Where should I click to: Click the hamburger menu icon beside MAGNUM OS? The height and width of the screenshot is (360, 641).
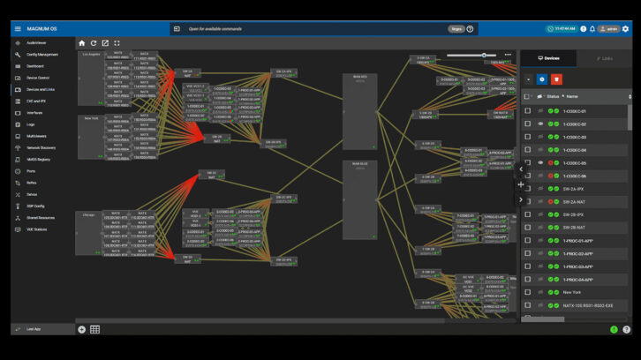click(x=18, y=28)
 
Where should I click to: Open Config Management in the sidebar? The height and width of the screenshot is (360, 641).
click(x=41, y=54)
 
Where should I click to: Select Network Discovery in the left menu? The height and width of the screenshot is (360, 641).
click(x=41, y=147)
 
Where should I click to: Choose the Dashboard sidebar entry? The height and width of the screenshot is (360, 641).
click(x=35, y=66)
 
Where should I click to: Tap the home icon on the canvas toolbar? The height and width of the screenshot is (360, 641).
click(x=82, y=42)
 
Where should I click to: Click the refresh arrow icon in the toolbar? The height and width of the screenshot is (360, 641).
click(x=94, y=42)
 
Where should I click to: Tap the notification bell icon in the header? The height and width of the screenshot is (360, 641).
click(x=592, y=28)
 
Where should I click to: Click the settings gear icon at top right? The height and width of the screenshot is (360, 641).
click(x=626, y=28)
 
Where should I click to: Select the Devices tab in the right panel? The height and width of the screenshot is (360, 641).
click(x=548, y=58)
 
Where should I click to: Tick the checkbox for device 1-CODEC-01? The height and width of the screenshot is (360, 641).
click(x=528, y=111)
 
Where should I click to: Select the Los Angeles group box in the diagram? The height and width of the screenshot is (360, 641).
click(x=91, y=78)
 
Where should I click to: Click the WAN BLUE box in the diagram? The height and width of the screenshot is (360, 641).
click(x=359, y=199)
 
